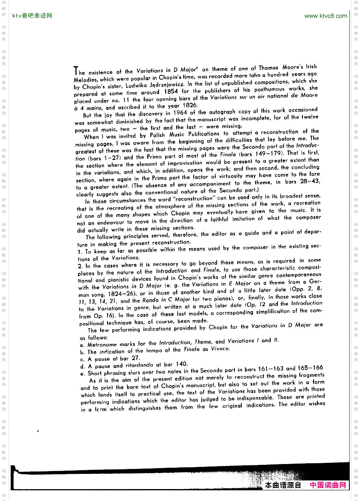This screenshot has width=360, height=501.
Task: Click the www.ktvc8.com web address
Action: pyautogui.click(x=325, y=16)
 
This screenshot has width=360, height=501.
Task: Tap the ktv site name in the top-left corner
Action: pyautogui.click(x=32, y=16)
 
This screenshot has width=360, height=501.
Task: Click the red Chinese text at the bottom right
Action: pyautogui.click(x=328, y=485)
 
